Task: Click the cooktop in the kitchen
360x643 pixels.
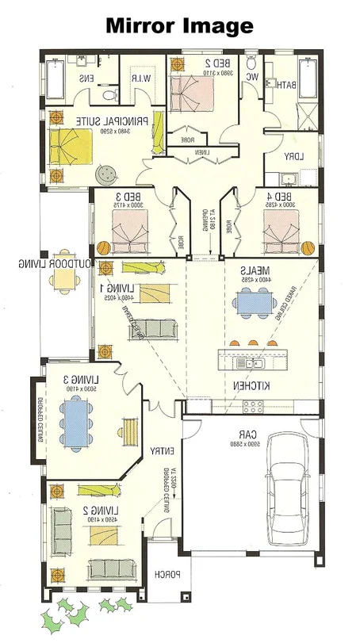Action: [252, 406]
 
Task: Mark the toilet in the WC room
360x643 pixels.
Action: [252, 63]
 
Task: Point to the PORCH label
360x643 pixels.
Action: [167, 575]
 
